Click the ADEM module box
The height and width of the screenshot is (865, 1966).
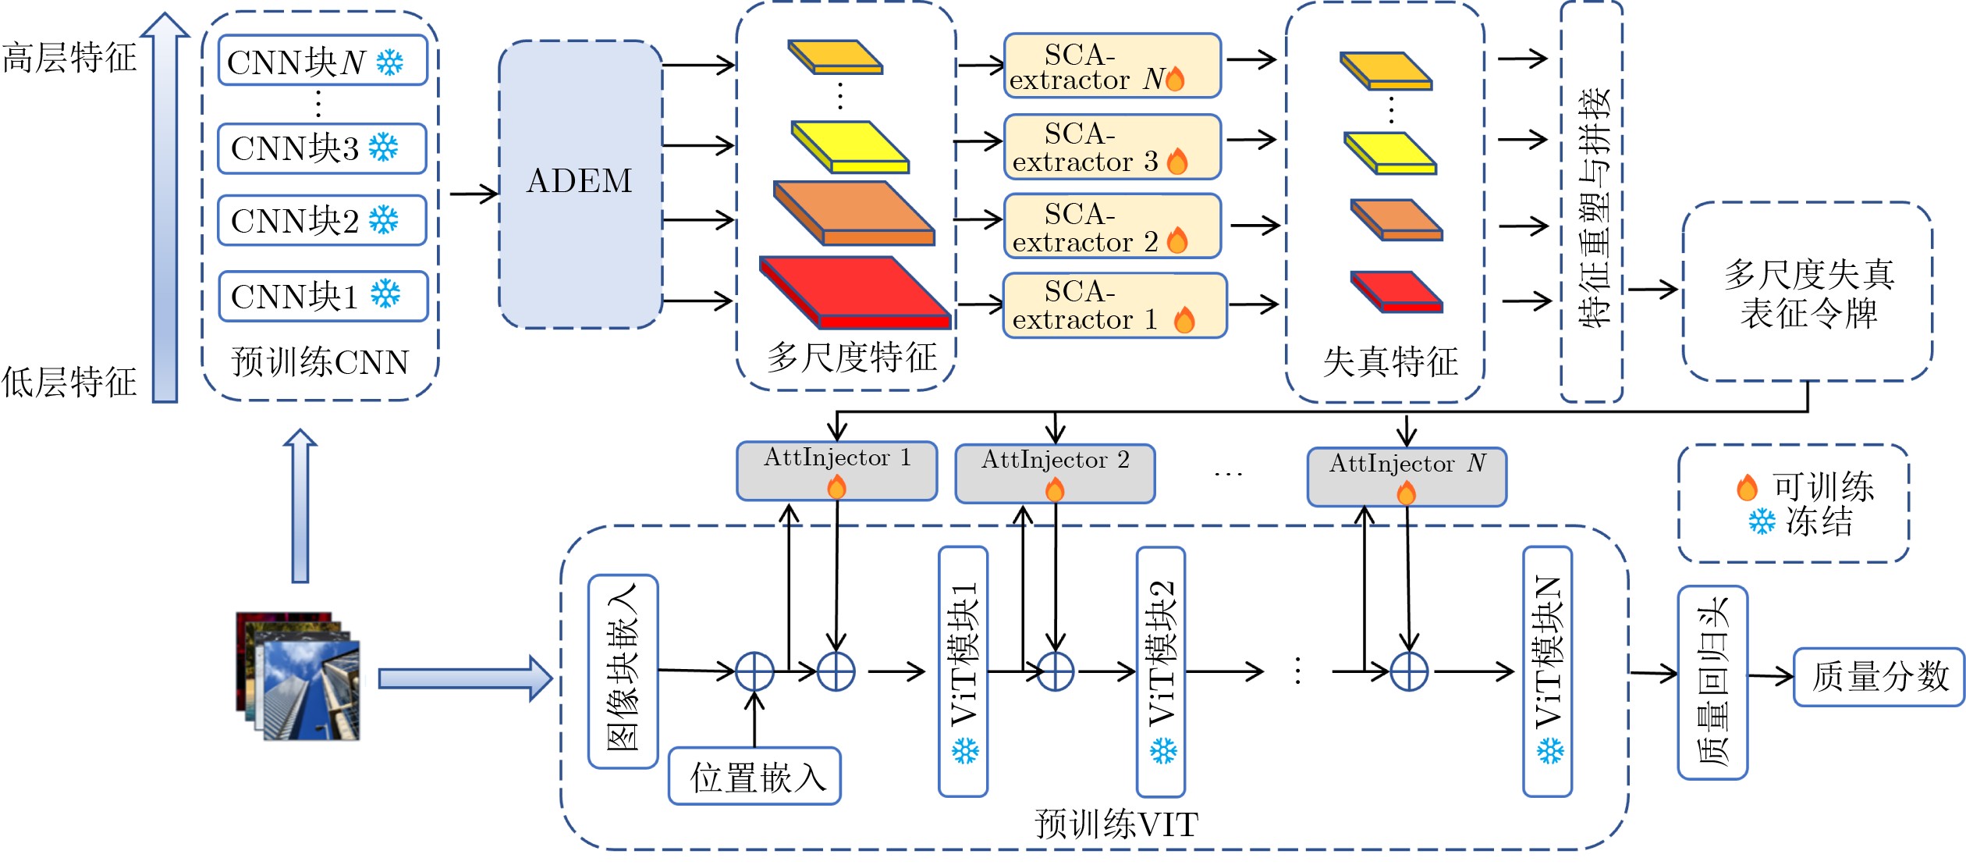pyautogui.click(x=580, y=183)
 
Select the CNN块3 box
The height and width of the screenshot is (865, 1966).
pyautogui.click(x=321, y=148)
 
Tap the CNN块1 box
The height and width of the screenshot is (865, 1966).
pyautogui.click(x=323, y=296)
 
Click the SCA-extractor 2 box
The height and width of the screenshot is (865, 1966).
pyautogui.click(x=1112, y=226)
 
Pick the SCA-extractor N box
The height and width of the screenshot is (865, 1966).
pyautogui.click(x=1112, y=66)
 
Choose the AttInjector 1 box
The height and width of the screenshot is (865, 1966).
pyautogui.click(x=836, y=471)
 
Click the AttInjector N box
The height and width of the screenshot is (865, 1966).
pyautogui.click(x=1407, y=476)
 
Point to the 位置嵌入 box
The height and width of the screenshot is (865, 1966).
pyautogui.click(x=754, y=776)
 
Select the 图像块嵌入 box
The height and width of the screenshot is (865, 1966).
pyautogui.click(x=623, y=671)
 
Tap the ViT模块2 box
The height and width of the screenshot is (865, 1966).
pyautogui.click(x=1161, y=671)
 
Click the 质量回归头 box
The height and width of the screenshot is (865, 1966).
pyautogui.click(x=1712, y=682)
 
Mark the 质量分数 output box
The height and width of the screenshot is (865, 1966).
pyautogui.click(x=1879, y=677)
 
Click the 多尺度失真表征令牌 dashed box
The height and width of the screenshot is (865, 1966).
pyautogui.click(x=1807, y=292)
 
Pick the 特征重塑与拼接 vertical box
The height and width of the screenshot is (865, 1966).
pyautogui.click(x=1592, y=203)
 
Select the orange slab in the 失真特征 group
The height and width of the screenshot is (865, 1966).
pyautogui.click(x=1396, y=219)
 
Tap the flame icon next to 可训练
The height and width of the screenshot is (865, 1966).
pyautogui.click(x=1747, y=487)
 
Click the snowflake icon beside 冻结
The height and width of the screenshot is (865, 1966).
pyautogui.click(x=1762, y=521)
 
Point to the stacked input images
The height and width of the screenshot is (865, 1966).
pyautogui.click(x=299, y=676)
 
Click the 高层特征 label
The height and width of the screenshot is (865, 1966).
pyautogui.click(x=70, y=59)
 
